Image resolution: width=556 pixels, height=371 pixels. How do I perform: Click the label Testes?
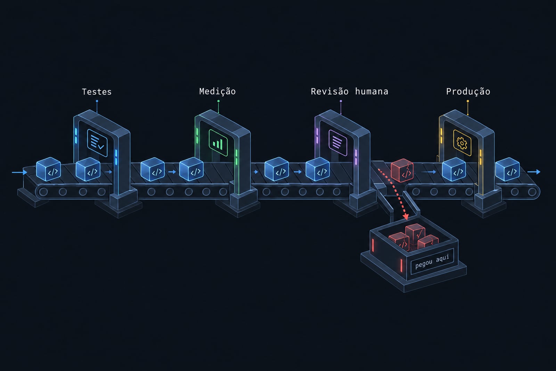point(97,92)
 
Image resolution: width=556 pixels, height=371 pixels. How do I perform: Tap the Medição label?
point(218,92)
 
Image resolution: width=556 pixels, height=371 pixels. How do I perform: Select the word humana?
point(371,92)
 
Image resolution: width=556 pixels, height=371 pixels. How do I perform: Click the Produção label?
point(468,92)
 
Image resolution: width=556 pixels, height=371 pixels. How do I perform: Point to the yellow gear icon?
point(462,143)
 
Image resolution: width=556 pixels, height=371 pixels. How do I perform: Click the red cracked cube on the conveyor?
point(402,170)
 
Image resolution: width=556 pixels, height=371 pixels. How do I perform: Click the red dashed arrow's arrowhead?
point(406,216)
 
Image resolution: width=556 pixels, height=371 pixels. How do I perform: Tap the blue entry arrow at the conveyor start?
point(19,172)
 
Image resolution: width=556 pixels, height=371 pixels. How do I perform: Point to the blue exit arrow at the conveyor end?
point(534,172)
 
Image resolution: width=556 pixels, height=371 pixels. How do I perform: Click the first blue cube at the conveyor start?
point(48,169)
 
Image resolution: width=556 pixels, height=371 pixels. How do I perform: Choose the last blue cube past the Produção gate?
point(507,169)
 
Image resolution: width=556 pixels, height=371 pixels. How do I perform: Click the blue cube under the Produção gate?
point(454,169)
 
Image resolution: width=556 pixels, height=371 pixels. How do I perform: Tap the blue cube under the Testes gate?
point(88,169)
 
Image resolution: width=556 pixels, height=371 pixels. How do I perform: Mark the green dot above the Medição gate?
point(219,101)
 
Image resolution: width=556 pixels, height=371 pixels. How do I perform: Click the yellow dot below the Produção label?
point(468,101)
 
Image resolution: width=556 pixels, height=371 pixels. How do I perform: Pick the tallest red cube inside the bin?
point(415,233)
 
